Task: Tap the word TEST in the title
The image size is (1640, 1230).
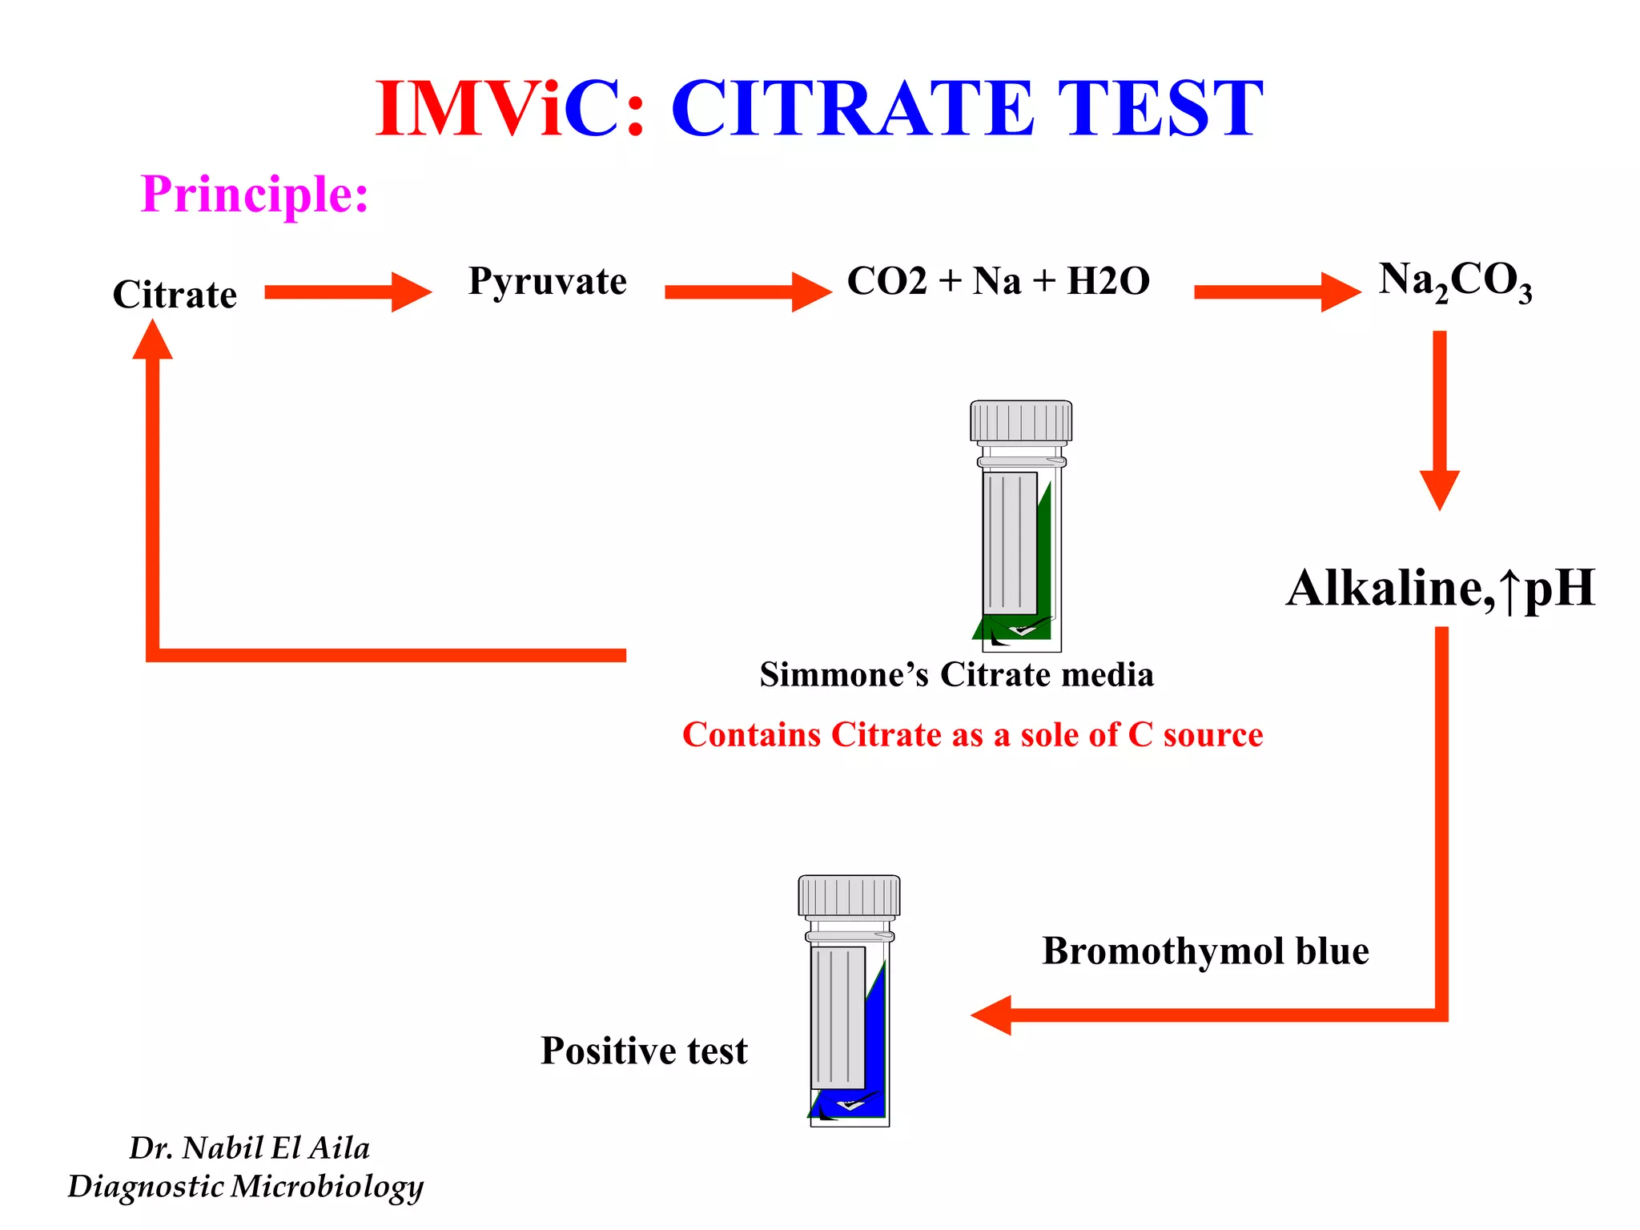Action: click(1160, 110)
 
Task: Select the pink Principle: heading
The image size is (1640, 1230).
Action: click(255, 194)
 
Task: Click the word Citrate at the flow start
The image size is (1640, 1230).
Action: click(175, 295)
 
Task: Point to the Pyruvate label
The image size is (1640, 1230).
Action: click(547, 281)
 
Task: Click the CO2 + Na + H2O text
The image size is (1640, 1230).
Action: click(998, 281)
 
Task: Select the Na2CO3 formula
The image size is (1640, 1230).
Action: click(1454, 282)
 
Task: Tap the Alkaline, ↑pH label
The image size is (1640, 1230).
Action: click(1440, 589)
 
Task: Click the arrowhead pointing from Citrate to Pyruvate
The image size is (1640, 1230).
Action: click(410, 292)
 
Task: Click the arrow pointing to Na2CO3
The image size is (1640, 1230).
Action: click(1276, 292)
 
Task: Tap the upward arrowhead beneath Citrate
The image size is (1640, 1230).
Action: click(152, 340)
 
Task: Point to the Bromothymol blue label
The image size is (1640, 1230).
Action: click(1205, 951)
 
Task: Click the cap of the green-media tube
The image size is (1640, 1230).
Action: click(1021, 421)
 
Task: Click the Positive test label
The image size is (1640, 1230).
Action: click(644, 1051)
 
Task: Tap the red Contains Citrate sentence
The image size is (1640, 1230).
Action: click(972, 734)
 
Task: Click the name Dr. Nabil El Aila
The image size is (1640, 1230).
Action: click(249, 1148)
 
